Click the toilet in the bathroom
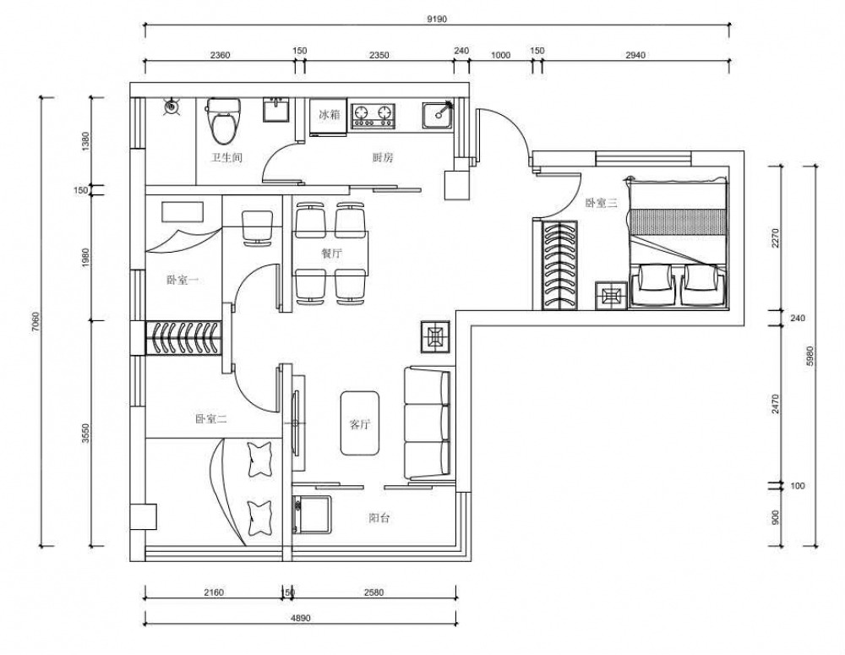pos(224,121)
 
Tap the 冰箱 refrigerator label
pos(330,114)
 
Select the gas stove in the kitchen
pos(373,116)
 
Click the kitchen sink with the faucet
pos(438,117)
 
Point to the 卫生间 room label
pos(226,158)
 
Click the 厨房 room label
pos(383,158)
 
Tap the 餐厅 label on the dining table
pos(331,254)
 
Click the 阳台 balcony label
pos(379,518)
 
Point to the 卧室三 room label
pos(602,203)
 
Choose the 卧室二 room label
pos(210,419)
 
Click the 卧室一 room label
pos(183,281)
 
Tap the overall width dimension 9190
pos(437,19)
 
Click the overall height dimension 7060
pos(35,322)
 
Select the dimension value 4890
pos(300,619)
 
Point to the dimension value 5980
pos(810,357)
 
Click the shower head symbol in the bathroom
pos(172,106)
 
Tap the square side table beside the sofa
pos(435,337)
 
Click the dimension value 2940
pos(635,55)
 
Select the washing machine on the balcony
pos(313,514)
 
